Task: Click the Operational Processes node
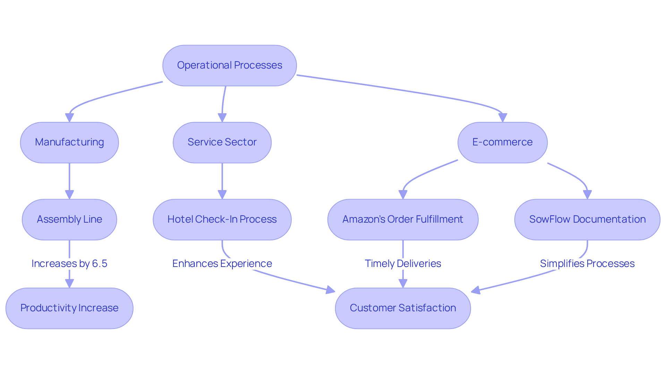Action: pos(229,65)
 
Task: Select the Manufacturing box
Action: pos(69,142)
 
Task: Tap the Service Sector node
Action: pos(222,142)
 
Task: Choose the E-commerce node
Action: pos(502,142)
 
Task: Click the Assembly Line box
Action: pos(69,220)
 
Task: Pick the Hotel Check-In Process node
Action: pos(222,220)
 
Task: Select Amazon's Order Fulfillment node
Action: pos(403,220)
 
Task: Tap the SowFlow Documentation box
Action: pos(587,220)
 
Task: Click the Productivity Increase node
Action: pos(69,308)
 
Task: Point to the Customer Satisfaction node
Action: pos(403,308)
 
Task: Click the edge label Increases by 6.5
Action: pos(69,264)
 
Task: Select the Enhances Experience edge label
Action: pos(222,264)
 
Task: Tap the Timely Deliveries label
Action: pos(403,264)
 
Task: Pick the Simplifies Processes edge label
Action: pos(587,264)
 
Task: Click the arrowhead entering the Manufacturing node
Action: pos(69,118)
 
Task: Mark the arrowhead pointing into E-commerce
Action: pos(502,118)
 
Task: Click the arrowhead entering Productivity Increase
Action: pos(69,283)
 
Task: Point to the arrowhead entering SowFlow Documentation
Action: pos(587,195)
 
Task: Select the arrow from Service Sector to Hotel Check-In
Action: pos(222,180)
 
